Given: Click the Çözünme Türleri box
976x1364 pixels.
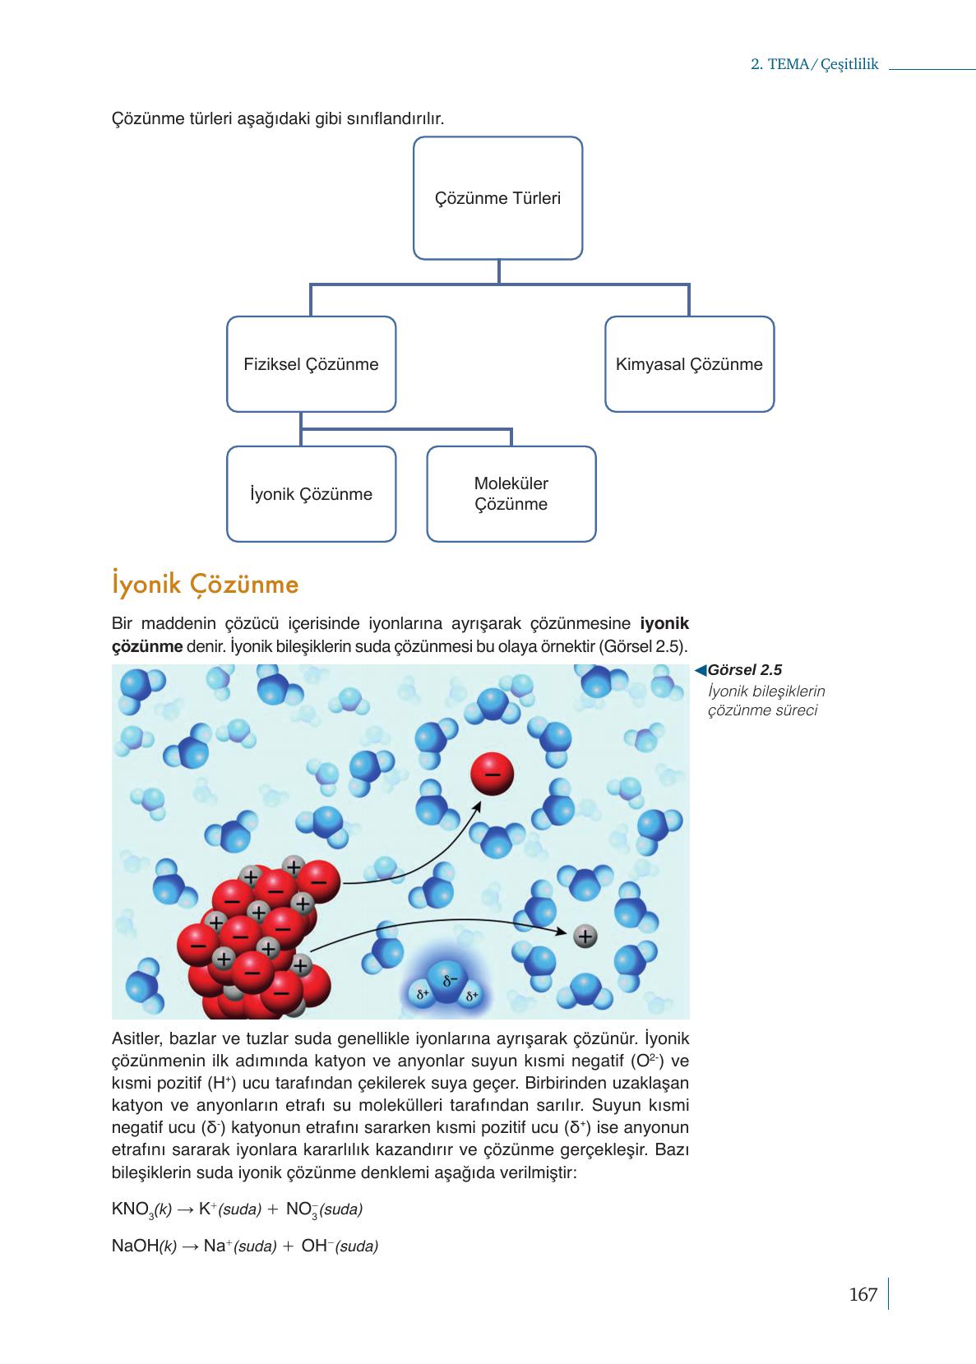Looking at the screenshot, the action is point(497,198).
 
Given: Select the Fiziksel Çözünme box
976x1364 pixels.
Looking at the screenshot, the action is point(311,364).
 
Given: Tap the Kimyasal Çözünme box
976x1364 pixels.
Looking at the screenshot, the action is point(689,364).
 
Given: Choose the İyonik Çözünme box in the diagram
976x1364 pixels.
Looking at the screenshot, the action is point(311,494).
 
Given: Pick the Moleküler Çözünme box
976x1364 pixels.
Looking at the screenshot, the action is point(511,494).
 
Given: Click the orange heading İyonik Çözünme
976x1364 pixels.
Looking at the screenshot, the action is point(206,584).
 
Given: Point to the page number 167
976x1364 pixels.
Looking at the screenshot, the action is point(863,1294).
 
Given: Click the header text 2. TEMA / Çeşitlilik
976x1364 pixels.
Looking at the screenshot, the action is point(815,65).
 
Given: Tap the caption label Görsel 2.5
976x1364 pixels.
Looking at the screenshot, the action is point(744,670).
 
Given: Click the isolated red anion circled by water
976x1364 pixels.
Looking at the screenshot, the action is point(492,774).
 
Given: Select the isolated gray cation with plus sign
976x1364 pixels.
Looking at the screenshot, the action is point(585,936).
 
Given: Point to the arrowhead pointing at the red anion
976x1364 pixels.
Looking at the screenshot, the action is point(479,806).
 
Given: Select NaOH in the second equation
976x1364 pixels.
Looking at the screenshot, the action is point(135,1246).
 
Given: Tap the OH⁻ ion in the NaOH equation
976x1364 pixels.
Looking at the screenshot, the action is point(316,1246).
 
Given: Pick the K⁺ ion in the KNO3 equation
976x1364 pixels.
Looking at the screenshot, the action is point(208,1209).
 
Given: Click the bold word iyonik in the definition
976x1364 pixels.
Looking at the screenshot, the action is point(664,623).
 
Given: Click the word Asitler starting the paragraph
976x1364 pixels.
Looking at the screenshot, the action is point(136,1038).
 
